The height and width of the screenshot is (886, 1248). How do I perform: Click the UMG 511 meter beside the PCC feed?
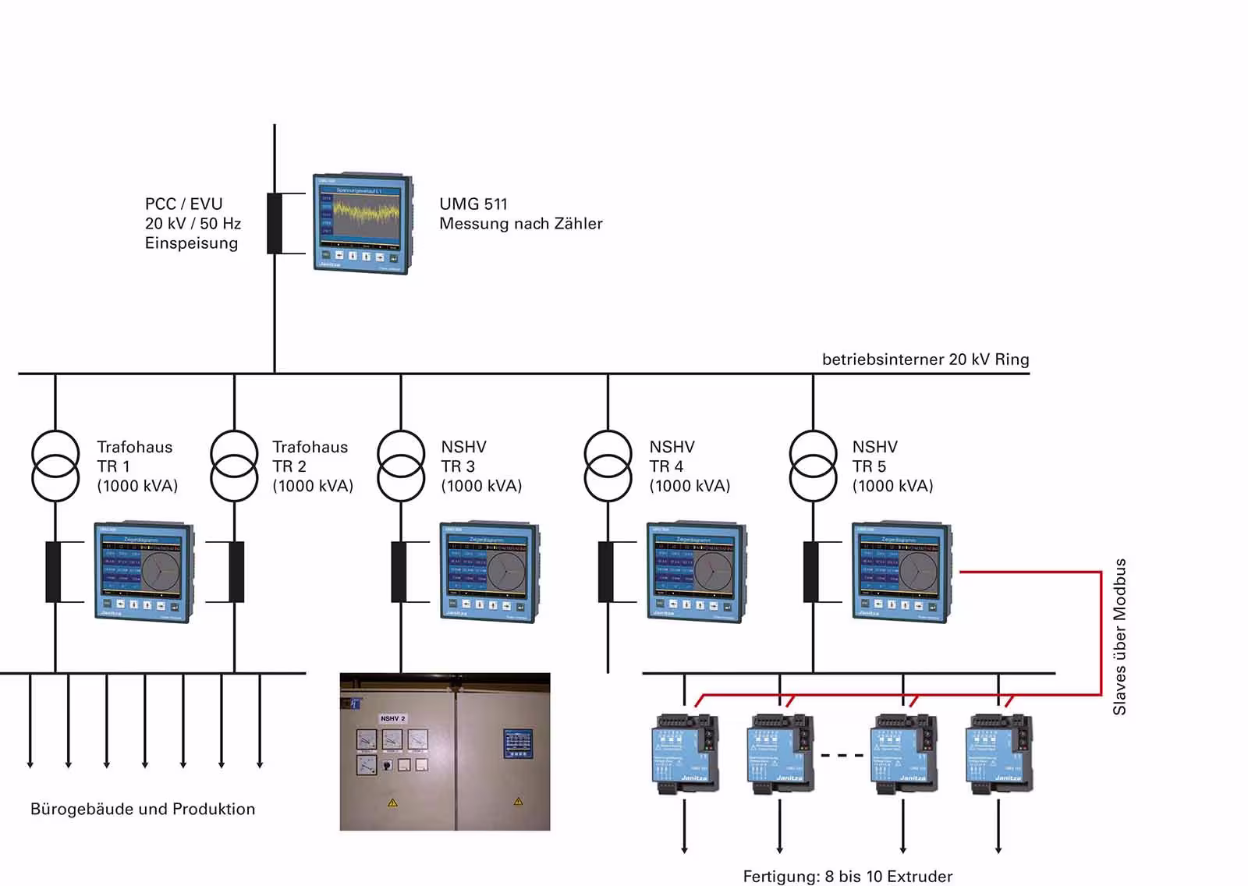click(x=363, y=224)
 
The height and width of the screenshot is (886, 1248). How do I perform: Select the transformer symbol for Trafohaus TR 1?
click(x=55, y=465)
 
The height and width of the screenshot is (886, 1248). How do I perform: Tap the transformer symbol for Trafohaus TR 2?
click(x=234, y=465)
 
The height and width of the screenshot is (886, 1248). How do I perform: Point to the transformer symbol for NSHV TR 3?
click(x=401, y=465)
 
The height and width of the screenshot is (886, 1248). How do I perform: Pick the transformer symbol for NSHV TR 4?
click(x=608, y=465)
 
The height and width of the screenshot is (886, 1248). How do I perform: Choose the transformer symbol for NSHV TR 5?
click(x=813, y=465)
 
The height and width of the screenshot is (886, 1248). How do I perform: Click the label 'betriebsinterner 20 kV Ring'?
click(x=925, y=360)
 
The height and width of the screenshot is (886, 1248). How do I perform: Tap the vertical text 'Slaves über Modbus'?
click(x=1120, y=636)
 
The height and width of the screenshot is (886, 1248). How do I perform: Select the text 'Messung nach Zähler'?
click(x=520, y=224)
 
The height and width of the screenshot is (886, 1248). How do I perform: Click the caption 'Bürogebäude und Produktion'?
click(x=143, y=809)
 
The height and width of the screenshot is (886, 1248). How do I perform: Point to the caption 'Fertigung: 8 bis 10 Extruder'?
click(x=847, y=877)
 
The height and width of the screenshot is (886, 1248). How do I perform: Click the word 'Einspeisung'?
click(x=191, y=243)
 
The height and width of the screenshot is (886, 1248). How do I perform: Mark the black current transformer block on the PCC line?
click(x=275, y=223)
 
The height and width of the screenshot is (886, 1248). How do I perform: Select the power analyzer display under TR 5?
click(x=901, y=572)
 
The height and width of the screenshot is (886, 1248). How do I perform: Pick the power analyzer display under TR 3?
click(x=489, y=572)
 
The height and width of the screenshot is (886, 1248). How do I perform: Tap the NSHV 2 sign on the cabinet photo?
click(x=392, y=718)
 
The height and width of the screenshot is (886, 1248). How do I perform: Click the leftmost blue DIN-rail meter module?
click(x=685, y=753)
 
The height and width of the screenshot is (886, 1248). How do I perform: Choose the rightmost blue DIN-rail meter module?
click(x=999, y=753)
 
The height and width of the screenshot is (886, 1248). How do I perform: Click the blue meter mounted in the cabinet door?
click(x=517, y=742)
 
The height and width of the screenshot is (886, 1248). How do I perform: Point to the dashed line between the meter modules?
click(x=842, y=755)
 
